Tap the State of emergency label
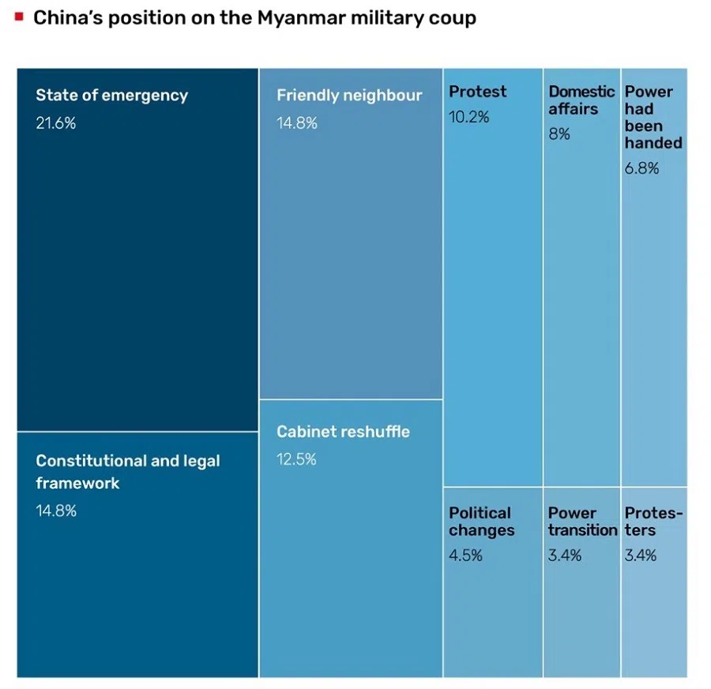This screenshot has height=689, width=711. point(111,96)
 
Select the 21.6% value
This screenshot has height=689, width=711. point(55,122)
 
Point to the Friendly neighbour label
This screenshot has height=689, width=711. point(349,96)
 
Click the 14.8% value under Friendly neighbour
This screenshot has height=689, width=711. point(296,122)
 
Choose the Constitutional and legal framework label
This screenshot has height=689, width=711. point(127,472)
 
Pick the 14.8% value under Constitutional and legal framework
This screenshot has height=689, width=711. point(55,510)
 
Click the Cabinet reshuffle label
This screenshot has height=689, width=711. point(343,432)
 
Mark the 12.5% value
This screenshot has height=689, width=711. point(296,459)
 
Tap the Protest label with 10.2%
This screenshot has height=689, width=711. point(477,92)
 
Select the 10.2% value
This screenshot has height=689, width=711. point(468,117)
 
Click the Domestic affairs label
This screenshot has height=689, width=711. point(581,100)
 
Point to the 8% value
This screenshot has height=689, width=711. point(559,134)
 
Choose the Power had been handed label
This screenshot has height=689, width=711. point(653,117)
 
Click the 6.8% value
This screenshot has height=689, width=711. point(641,168)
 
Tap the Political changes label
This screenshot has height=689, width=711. point(481,521)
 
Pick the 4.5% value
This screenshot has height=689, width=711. point(465,555)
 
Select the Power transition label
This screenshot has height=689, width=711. point(582,521)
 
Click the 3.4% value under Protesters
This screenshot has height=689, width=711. point(640,555)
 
